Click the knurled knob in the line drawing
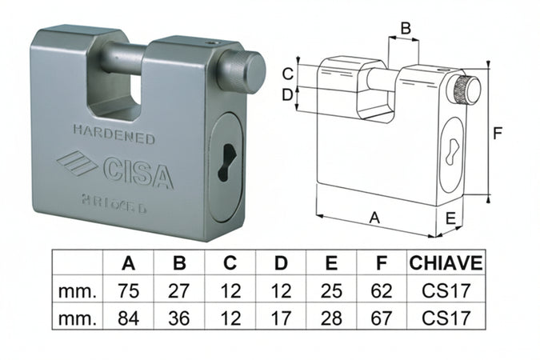pos(466,91)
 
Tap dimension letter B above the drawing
pos(405,29)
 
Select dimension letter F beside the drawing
pos(497,134)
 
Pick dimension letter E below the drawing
pos(450,218)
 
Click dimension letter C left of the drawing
pos(287,74)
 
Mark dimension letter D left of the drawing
pos(287,95)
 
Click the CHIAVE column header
pos(446,263)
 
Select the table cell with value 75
pos(128,290)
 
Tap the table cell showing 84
pos(128,318)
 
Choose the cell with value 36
pos(179,318)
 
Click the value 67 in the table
pos(382,318)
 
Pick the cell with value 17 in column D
pos(281,318)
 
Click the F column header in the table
pos(382,263)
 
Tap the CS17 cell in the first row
pos(446,290)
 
